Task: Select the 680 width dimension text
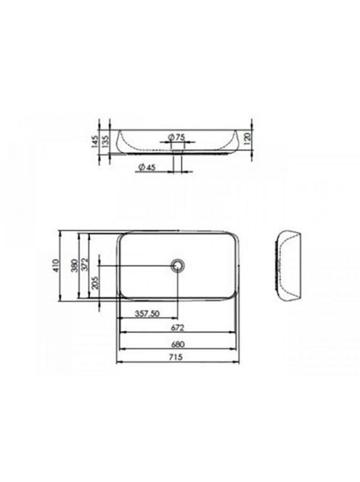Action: tap(178, 344)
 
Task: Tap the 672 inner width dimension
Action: tap(177, 327)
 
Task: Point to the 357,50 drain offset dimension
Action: tap(147, 314)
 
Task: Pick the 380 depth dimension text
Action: tap(74, 266)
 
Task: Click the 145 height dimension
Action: tap(95, 142)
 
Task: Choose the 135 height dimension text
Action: tap(105, 142)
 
